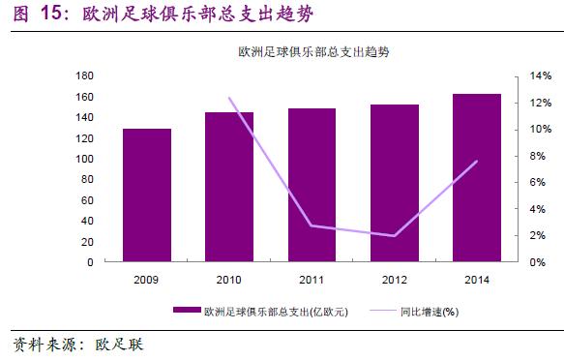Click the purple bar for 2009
[x=147, y=195]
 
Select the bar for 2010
[x=229, y=187]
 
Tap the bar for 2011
[x=312, y=185]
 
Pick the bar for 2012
[x=394, y=183]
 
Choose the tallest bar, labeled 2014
[x=477, y=178]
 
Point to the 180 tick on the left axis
[x=84, y=76]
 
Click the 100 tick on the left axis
[x=84, y=159]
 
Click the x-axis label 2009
[x=147, y=281]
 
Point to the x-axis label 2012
[x=394, y=281]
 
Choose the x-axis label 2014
[x=477, y=281]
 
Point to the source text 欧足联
[x=116, y=345]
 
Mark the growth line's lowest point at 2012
[x=394, y=236]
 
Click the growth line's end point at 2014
[x=477, y=162]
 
